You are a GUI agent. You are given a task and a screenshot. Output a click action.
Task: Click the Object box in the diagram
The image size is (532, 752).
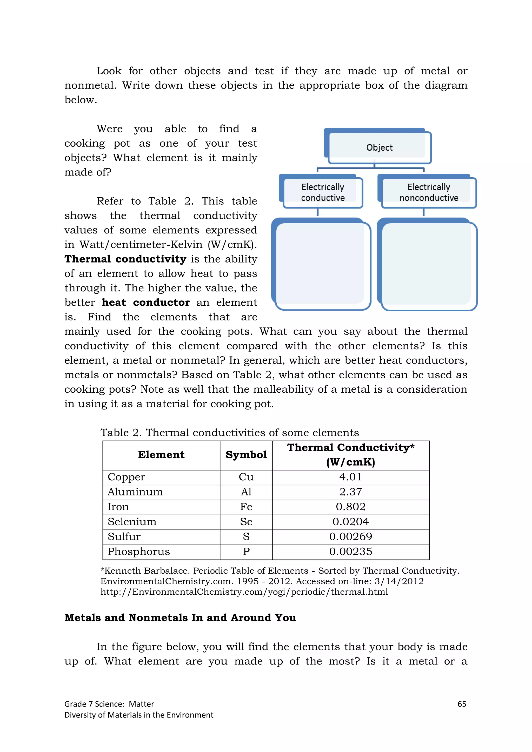click(379, 147)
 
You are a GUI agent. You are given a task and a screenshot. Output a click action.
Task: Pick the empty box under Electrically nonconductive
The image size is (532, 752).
click(428, 265)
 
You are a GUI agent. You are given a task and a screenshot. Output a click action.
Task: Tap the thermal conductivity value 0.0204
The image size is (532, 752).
click(350, 522)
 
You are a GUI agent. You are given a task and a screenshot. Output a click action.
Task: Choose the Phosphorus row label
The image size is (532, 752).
click(139, 552)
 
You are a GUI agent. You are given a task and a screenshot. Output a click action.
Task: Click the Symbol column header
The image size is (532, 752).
click(246, 455)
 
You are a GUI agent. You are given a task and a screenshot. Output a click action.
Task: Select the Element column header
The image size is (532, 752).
click(161, 455)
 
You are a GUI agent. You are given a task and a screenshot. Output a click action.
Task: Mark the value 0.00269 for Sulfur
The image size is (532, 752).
click(350, 536)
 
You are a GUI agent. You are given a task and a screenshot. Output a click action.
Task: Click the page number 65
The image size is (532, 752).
click(462, 704)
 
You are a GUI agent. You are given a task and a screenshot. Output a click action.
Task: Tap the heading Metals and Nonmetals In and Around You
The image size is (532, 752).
click(180, 617)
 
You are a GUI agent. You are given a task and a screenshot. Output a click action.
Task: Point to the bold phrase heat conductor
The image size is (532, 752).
click(146, 302)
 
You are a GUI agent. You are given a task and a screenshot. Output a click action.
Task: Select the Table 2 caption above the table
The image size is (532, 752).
click(229, 432)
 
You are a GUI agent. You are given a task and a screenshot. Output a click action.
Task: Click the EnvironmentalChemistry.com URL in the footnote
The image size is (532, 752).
click(244, 592)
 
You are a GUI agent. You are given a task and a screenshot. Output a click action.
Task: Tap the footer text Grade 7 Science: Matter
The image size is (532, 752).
click(109, 704)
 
